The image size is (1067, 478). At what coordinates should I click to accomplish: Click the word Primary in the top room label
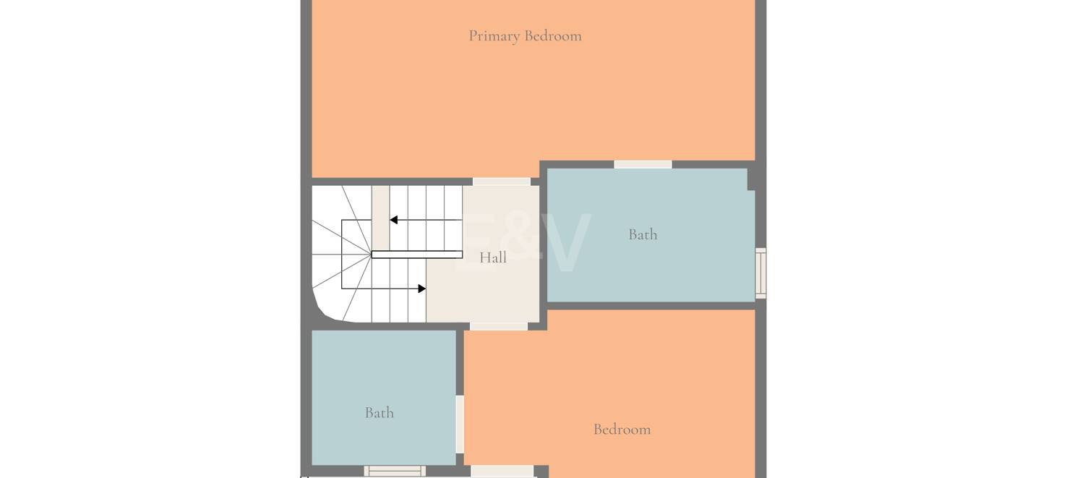[x=494, y=36]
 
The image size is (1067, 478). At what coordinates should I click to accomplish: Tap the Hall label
[x=493, y=258]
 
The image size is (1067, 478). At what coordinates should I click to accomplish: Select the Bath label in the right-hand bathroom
[x=643, y=234]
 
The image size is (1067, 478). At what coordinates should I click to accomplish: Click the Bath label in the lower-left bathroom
[x=380, y=413]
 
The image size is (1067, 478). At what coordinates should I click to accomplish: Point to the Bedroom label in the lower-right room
[x=622, y=430]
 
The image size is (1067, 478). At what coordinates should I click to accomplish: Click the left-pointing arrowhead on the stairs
[x=393, y=220]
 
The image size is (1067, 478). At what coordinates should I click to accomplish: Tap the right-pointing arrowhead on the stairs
[x=422, y=289]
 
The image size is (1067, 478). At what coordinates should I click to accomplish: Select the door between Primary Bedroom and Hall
[x=502, y=182]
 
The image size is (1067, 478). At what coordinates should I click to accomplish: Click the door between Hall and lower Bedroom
[x=499, y=326]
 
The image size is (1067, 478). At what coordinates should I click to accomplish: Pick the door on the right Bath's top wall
[x=643, y=164]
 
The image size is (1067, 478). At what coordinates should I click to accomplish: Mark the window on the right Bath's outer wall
[x=760, y=273]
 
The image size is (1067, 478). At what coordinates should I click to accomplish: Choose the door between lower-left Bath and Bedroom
[x=460, y=424]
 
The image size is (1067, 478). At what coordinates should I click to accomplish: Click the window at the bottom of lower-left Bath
[x=395, y=471]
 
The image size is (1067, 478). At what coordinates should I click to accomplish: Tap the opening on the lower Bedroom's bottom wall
[x=502, y=471]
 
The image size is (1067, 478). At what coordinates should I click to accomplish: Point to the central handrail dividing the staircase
[x=417, y=255]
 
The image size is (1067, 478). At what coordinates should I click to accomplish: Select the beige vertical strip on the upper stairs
[x=380, y=218]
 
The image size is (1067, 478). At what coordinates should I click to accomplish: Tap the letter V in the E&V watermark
[x=566, y=242]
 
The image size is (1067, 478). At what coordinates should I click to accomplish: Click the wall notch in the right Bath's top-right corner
[x=751, y=179]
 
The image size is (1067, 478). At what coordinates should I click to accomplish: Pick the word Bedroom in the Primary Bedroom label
[x=553, y=36]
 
